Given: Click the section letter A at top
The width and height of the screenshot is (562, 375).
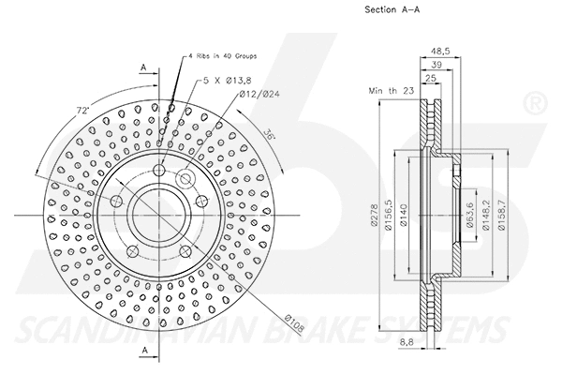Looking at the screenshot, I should tap(142, 67).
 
